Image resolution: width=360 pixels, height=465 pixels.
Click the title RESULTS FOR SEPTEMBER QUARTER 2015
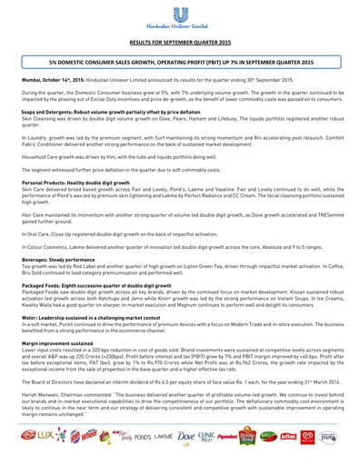[180, 42]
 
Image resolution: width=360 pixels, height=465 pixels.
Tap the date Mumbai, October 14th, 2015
[54, 80]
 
